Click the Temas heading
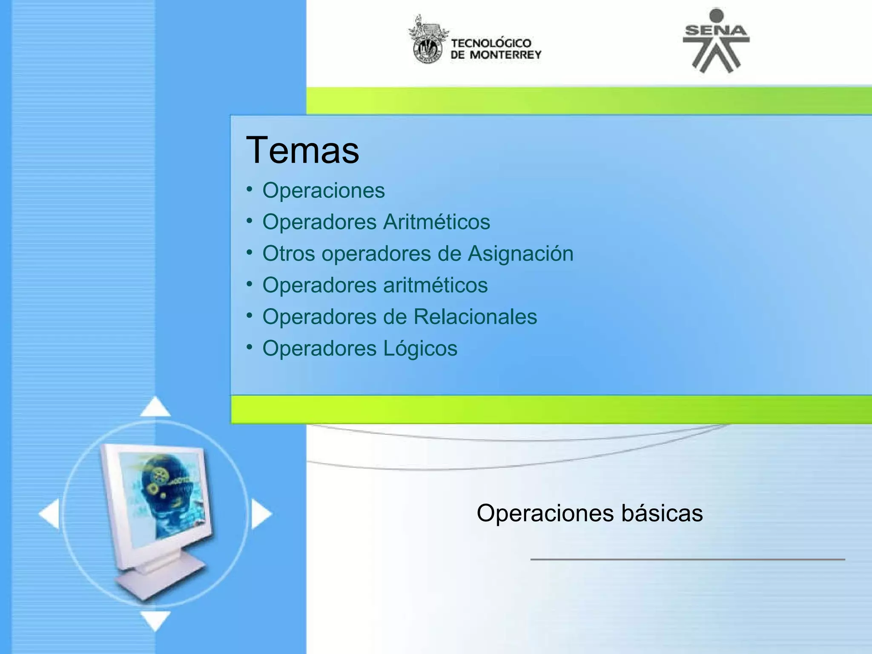tap(302, 150)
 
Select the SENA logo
tap(716, 41)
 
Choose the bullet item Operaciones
tap(323, 190)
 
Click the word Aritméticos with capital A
tap(436, 222)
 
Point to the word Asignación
tap(520, 254)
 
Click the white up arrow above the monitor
tap(155, 407)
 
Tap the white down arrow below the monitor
tap(155, 620)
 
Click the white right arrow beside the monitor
tap(261, 514)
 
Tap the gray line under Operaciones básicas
tap(687, 559)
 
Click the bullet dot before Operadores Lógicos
tap(250, 347)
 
